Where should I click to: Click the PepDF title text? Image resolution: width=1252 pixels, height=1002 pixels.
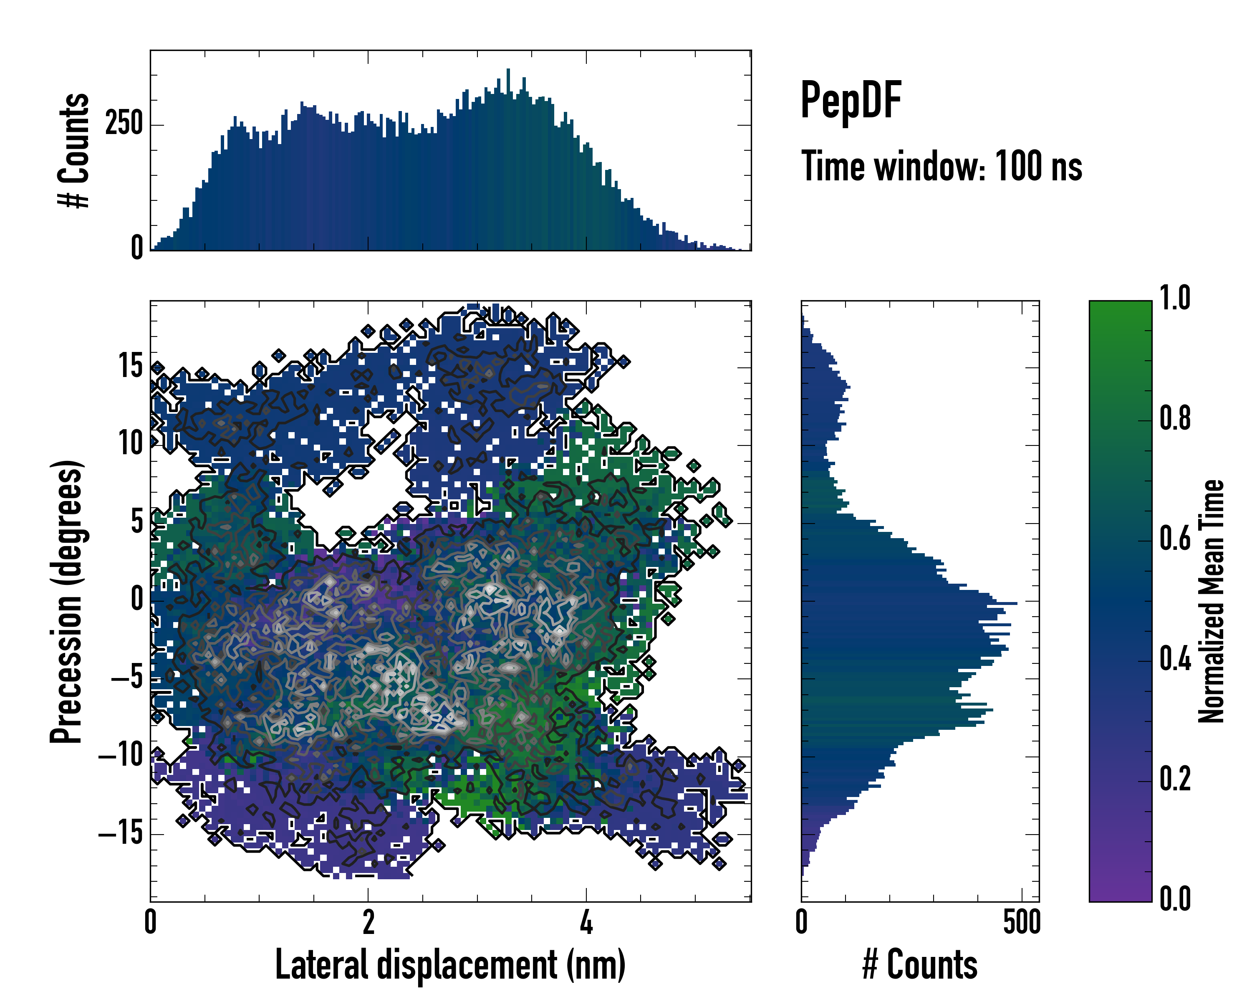coord(851,100)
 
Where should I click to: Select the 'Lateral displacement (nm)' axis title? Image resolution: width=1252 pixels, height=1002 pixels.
coord(450,965)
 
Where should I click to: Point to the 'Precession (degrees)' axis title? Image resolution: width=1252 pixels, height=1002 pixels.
coord(67,601)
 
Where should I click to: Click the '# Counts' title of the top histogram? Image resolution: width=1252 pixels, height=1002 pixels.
coord(74,150)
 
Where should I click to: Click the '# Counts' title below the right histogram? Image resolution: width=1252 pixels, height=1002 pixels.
coord(920,965)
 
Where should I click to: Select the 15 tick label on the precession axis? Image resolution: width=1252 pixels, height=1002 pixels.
coord(131,367)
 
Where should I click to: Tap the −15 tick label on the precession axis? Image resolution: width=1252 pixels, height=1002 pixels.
coord(121,834)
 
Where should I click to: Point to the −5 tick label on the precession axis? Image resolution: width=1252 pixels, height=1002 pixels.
coord(126,678)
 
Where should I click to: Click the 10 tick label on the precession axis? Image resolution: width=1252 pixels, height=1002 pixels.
coord(131,444)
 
